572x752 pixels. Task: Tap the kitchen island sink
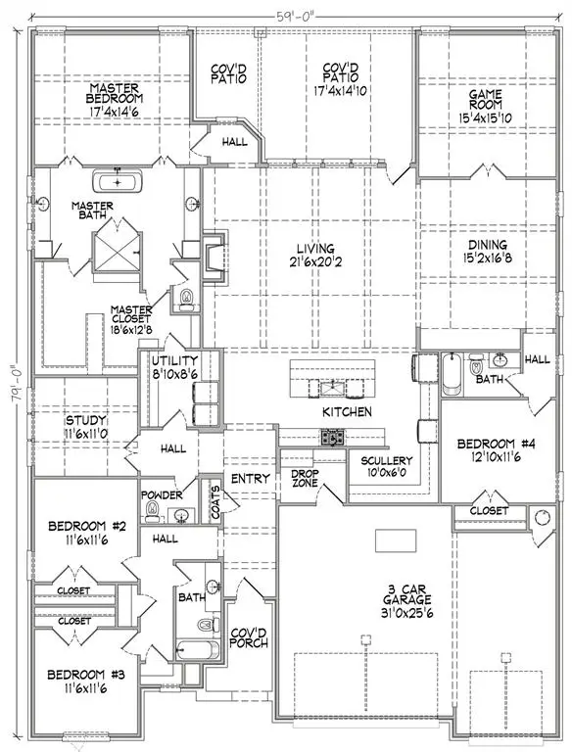tap(332, 384)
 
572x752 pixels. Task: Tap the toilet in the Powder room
tap(152, 512)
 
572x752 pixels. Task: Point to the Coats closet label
tap(214, 497)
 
